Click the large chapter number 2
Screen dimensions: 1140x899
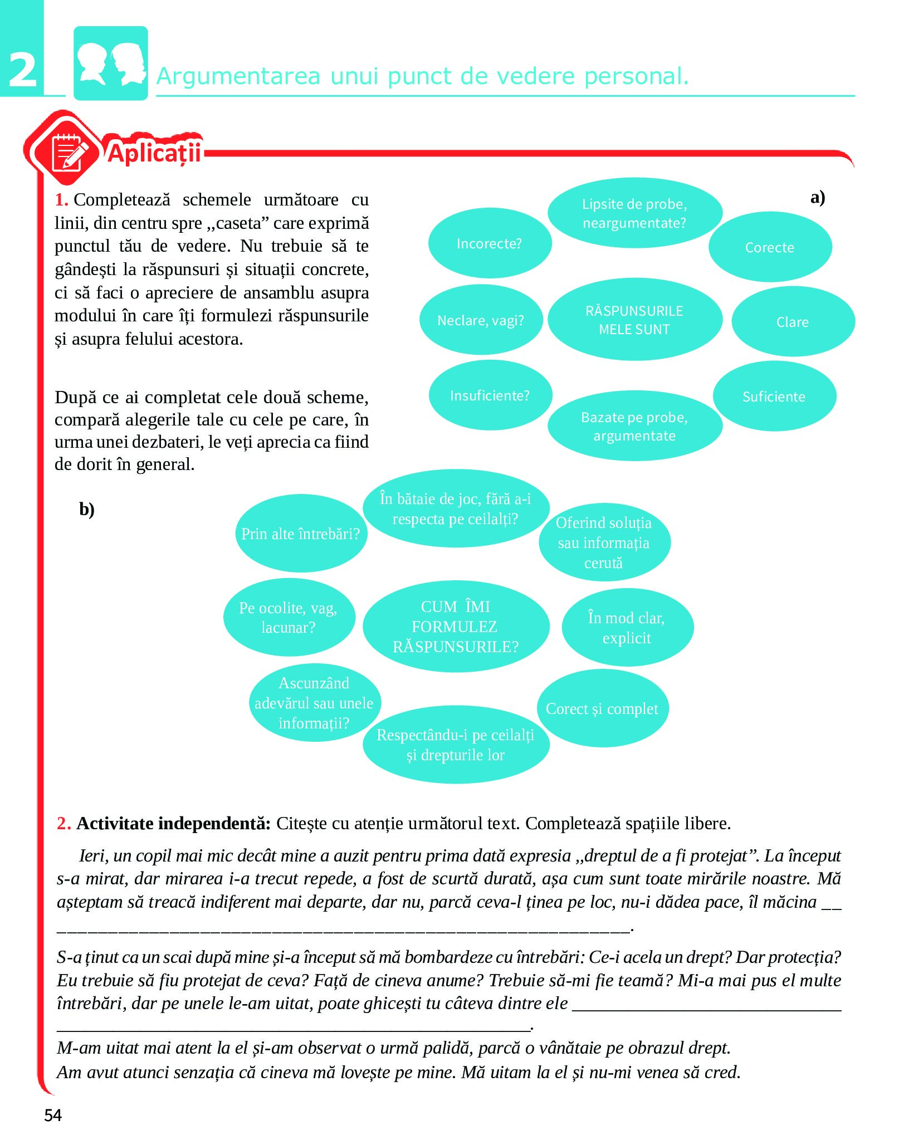pos(23,70)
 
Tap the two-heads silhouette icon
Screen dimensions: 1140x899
pos(111,63)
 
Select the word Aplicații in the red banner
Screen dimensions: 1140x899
pos(154,153)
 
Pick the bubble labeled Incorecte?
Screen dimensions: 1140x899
pos(490,243)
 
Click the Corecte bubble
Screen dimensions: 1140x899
pos(770,247)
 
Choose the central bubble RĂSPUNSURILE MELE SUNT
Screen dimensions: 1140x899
pos(634,320)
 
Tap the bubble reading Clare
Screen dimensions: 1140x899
pos(793,322)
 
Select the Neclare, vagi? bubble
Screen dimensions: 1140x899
pos(481,320)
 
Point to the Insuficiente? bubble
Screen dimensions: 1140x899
pos(490,395)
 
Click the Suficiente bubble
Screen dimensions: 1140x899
pos(774,397)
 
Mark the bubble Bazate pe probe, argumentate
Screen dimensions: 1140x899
pos(634,426)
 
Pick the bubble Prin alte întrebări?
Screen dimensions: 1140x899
pos(301,534)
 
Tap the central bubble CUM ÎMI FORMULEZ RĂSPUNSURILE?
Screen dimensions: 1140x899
pos(456,627)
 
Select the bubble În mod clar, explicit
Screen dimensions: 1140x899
pos(627,628)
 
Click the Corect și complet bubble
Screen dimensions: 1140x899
pos(603,708)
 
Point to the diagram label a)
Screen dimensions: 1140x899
pos(818,197)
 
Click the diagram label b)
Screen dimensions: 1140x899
pos(87,509)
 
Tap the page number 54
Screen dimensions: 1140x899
pos(53,1115)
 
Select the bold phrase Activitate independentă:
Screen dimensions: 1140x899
pos(173,823)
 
